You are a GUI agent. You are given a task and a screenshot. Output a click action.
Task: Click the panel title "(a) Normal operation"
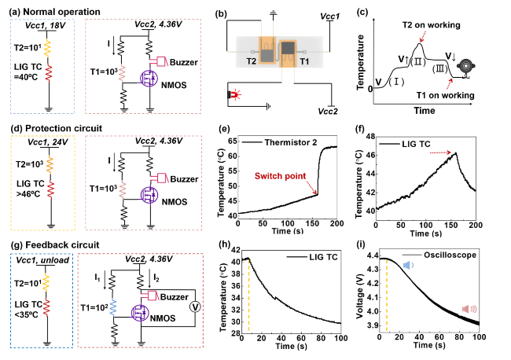tap(52, 13)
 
